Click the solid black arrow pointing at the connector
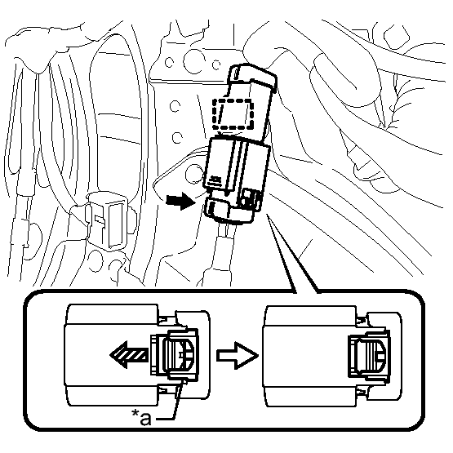point(180,201)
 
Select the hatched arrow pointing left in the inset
point(129,354)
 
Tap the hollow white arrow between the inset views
point(237,355)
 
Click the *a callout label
point(141,417)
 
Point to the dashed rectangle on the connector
point(233,114)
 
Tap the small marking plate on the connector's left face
point(215,180)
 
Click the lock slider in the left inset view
point(174,354)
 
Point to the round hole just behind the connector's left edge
point(194,174)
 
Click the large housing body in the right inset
point(309,356)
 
